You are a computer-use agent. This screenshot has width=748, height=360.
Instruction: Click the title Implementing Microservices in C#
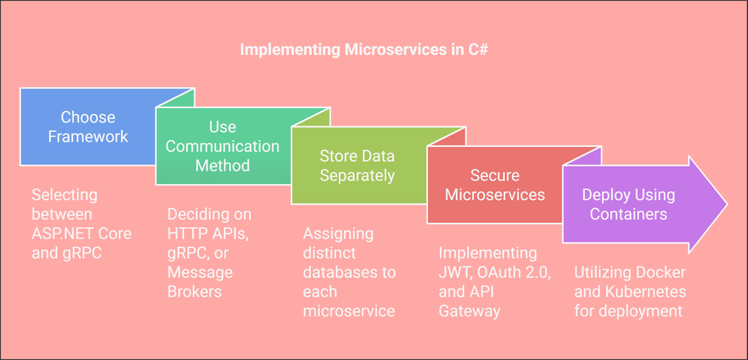(x=369, y=50)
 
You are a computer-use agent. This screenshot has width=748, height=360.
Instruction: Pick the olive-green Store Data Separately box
(x=357, y=166)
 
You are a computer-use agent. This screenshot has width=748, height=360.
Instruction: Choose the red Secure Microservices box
(x=495, y=185)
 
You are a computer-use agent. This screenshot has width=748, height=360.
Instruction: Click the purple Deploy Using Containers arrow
(x=628, y=204)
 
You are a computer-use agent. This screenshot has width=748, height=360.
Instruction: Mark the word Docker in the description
(x=660, y=272)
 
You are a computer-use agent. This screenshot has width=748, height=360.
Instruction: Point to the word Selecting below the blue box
(x=64, y=195)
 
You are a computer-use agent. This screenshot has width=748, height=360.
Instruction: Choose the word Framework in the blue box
(x=88, y=136)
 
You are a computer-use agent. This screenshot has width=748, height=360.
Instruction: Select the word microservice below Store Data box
(x=348, y=310)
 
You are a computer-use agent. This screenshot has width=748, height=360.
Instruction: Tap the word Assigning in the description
(x=338, y=234)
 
